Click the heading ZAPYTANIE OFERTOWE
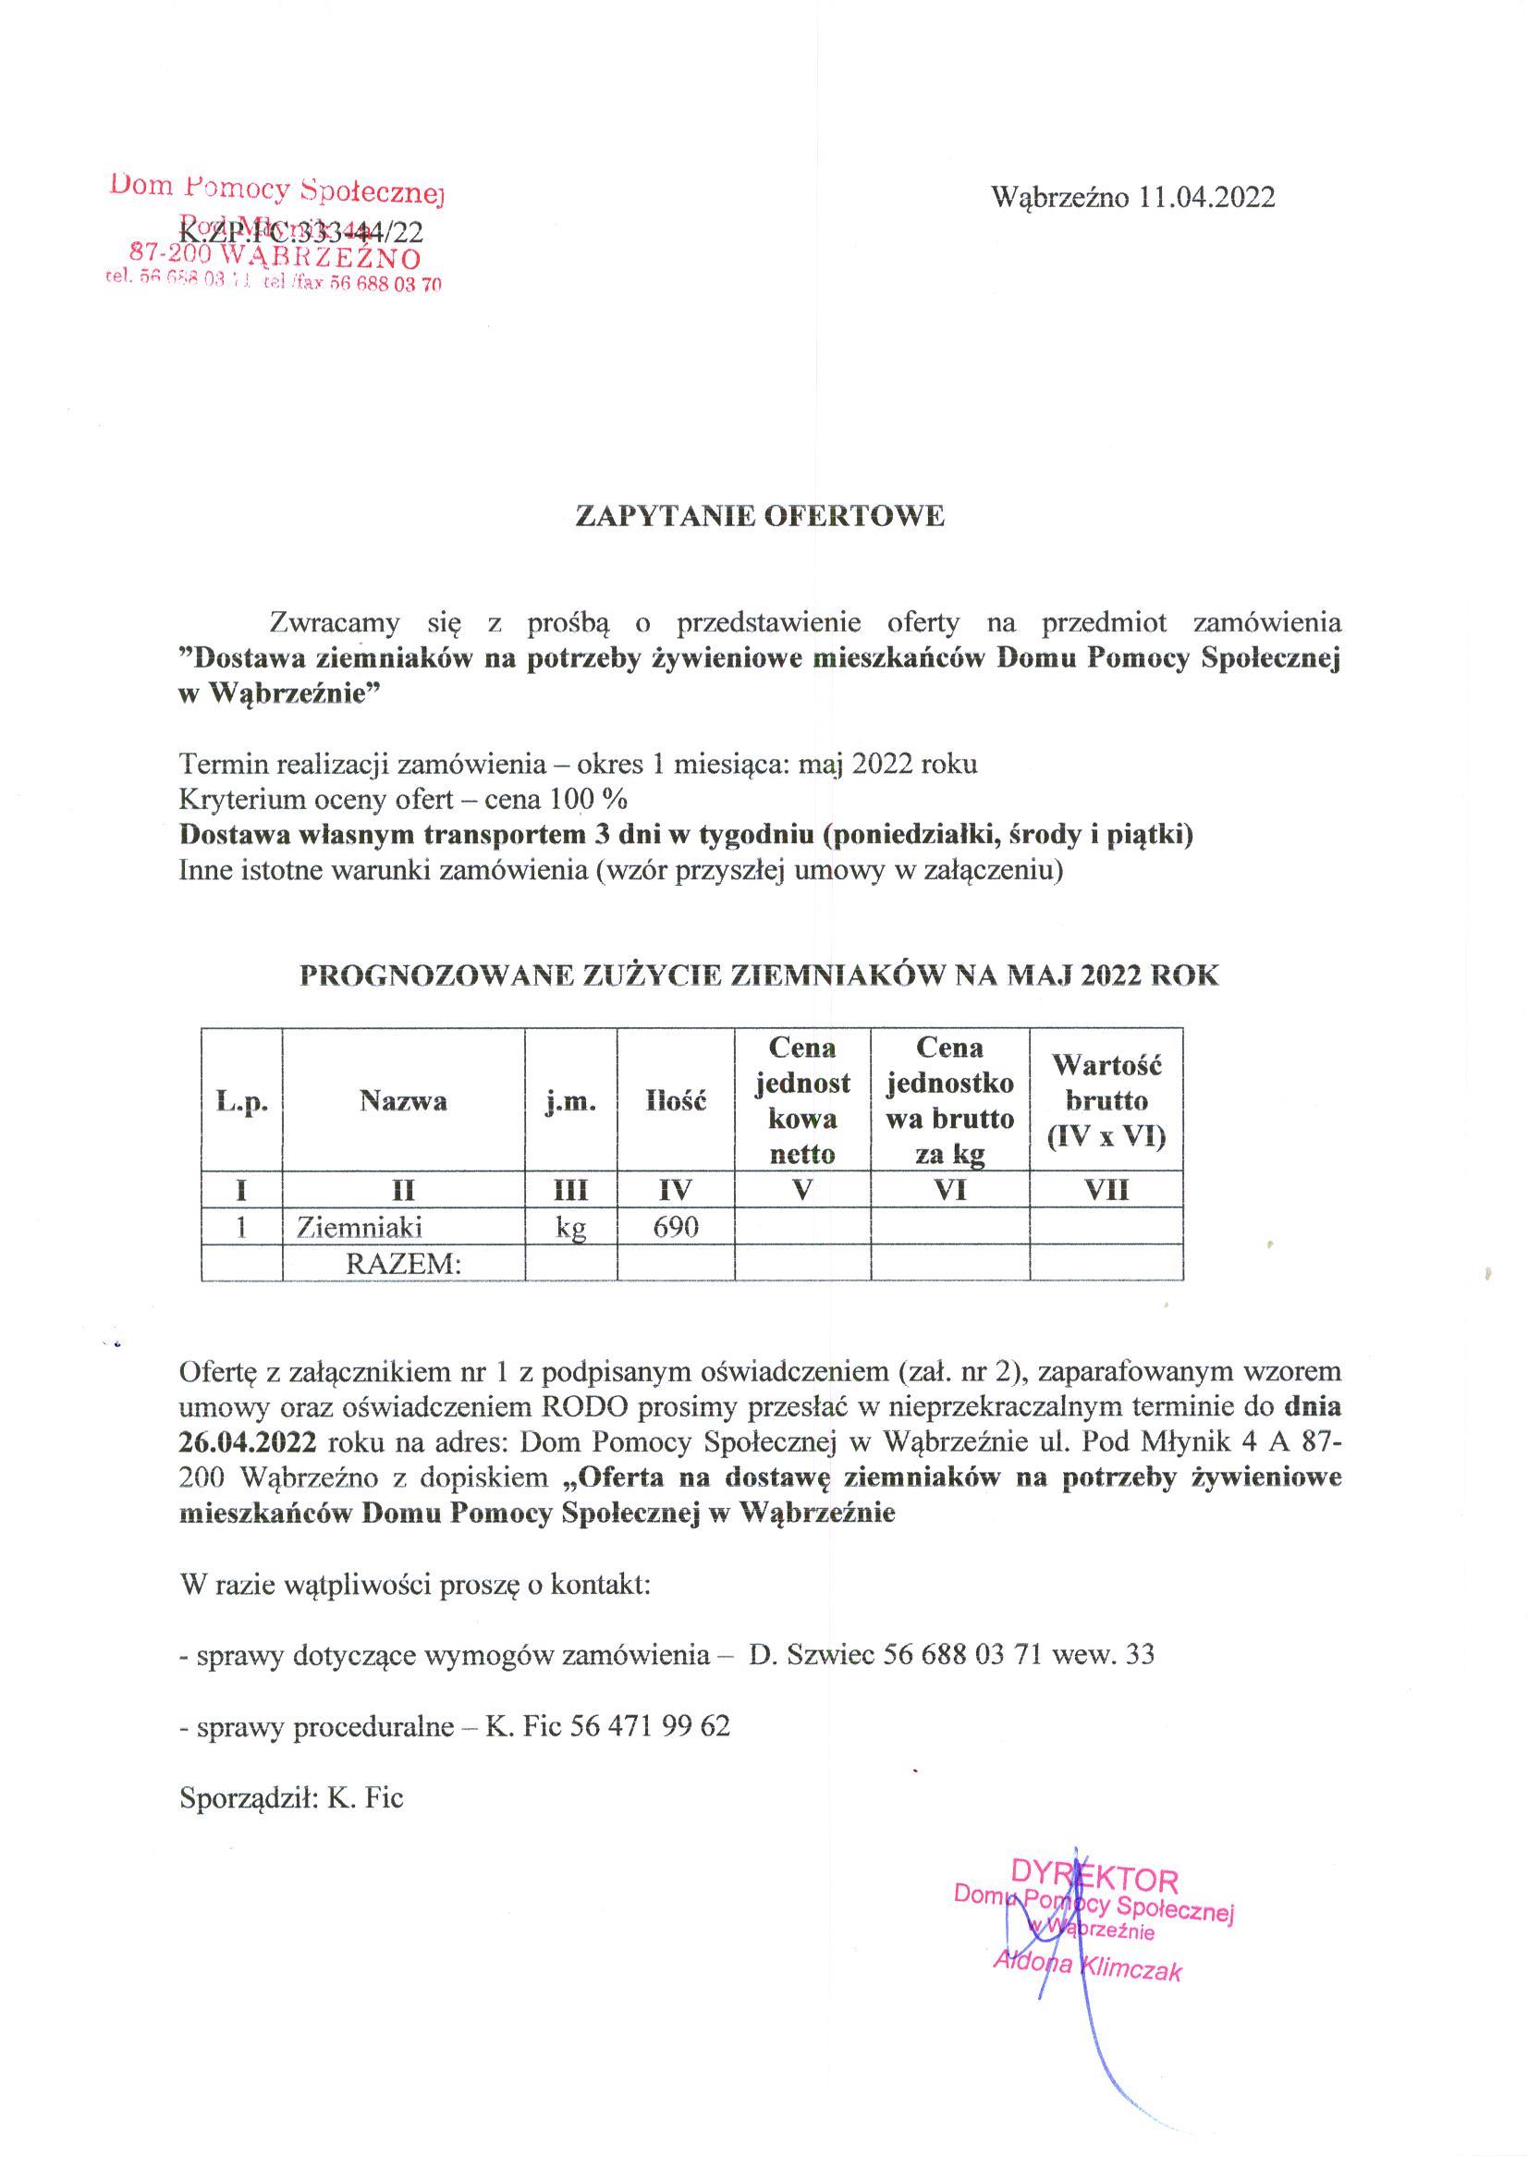pos(759,517)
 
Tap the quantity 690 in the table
pos(675,1227)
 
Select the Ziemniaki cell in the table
pos(360,1227)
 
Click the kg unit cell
pos(571,1228)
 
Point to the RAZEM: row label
pos(404,1264)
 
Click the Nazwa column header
pos(403,1101)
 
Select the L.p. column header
pos(242,1102)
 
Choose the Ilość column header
pos(676,1101)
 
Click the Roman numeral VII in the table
pos(1106,1191)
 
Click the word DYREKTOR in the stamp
pos(1094,1880)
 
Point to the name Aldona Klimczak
pos(1087,1967)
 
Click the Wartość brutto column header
pos(1106,1101)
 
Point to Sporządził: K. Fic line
pos(291,1797)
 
